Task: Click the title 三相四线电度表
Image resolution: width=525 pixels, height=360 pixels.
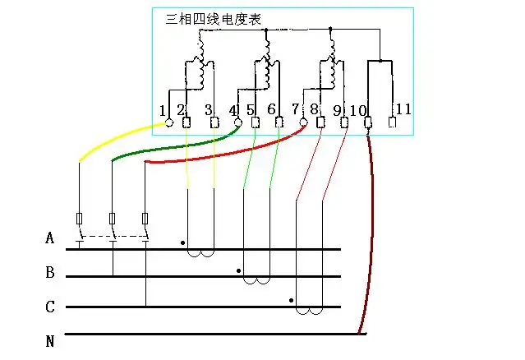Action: click(x=214, y=19)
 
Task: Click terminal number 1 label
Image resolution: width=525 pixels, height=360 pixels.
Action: click(x=163, y=110)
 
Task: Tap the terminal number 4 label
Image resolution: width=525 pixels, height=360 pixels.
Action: click(x=233, y=110)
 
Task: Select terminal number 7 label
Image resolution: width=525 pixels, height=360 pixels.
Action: click(x=295, y=110)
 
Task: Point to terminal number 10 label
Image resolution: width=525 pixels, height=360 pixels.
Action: click(x=357, y=110)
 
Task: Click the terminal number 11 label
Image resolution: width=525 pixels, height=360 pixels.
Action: click(x=403, y=109)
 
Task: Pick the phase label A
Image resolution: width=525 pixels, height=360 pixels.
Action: click(x=50, y=239)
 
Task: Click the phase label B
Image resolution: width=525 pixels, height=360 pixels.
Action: click(x=50, y=272)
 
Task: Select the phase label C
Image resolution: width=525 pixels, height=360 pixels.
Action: click(x=50, y=307)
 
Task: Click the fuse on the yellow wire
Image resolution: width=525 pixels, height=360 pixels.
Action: click(x=79, y=219)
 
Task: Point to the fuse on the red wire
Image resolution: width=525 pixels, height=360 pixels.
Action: click(x=145, y=219)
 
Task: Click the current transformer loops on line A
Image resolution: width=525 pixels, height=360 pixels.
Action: click(x=200, y=252)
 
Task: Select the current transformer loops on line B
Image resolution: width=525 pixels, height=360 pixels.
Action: click(x=257, y=280)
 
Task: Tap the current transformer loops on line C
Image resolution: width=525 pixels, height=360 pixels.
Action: click(x=309, y=312)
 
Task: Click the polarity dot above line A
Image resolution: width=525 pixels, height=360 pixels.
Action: click(x=182, y=243)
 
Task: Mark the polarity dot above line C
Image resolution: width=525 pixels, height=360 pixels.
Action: click(x=292, y=301)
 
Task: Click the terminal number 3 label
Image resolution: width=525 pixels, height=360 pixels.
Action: click(x=208, y=110)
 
